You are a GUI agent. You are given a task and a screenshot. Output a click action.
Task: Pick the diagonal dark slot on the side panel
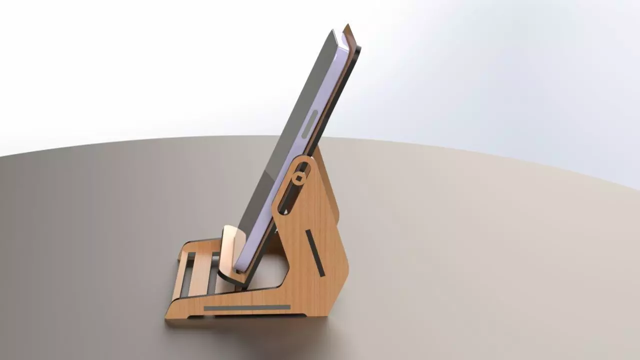[315, 253]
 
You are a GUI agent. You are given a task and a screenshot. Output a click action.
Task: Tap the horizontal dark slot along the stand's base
[247, 307]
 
